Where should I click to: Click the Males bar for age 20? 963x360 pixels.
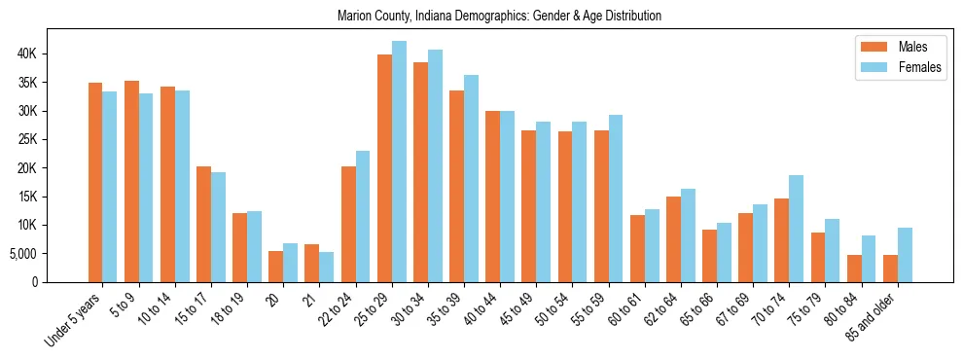276,267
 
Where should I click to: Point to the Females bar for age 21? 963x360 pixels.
327,268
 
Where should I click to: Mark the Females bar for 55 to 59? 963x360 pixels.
616,198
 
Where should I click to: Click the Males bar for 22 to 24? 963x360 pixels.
348,225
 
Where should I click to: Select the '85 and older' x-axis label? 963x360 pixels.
874,320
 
